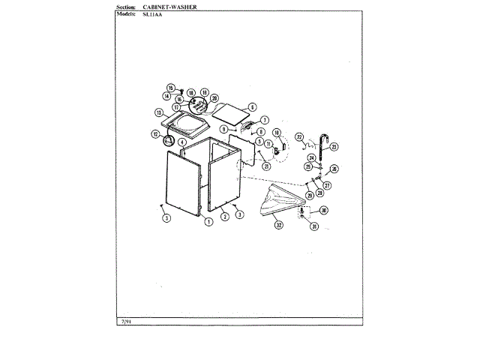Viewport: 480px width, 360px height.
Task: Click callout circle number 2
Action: tap(224, 217)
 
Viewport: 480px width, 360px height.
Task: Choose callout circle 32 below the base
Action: tap(278, 223)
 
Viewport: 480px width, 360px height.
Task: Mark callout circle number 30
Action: tap(323, 211)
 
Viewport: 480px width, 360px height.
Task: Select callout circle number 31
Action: tap(304, 226)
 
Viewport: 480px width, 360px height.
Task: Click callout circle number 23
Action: tap(334, 146)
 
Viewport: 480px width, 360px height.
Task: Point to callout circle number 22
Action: tap(298, 136)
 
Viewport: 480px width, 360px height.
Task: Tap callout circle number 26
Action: tap(334, 169)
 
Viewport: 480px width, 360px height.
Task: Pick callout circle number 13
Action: tap(159, 112)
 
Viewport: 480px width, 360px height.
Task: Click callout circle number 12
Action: tap(155, 134)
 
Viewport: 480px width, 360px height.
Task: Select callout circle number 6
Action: tap(253, 107)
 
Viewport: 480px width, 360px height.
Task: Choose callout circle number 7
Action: tap(265, 120)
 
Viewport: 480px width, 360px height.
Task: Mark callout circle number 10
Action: tap(276, 133)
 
